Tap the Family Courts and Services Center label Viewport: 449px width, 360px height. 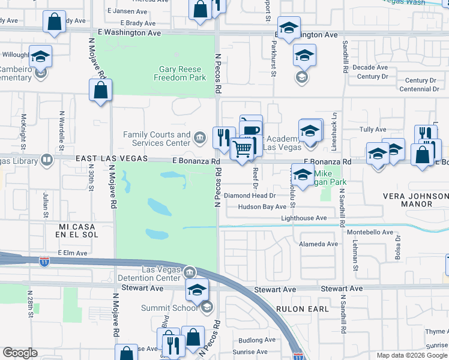click(157, 139)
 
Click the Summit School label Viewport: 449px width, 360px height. click(169, 308)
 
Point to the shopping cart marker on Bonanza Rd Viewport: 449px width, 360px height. click(243, 148)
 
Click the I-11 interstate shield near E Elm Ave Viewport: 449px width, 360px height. click(44, 261)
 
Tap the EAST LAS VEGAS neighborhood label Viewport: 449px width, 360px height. click(112, 158)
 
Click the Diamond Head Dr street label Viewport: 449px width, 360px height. click(249, 196)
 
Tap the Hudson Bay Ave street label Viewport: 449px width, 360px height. click(262, 206)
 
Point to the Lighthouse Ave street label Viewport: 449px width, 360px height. click(304, 218)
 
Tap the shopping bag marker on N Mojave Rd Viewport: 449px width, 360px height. click(101, 91)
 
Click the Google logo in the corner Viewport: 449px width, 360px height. click(20, 353)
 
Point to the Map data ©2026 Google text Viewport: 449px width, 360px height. click(411, 355)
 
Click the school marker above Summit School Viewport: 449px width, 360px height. click(196, 290)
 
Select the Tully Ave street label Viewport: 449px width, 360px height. click(372, 130)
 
